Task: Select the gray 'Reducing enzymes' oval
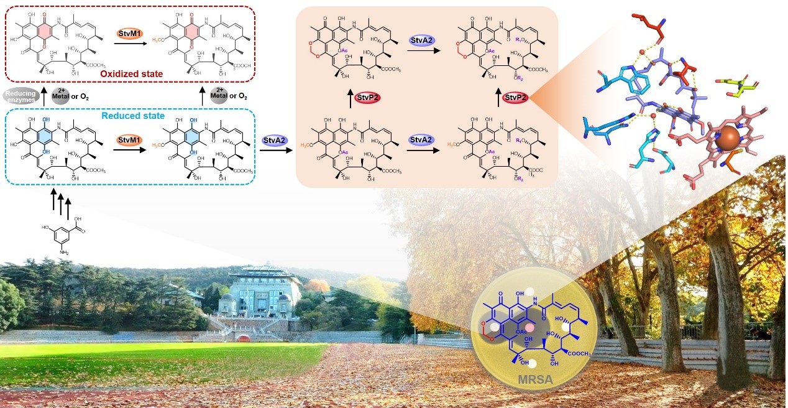tap(21, 95)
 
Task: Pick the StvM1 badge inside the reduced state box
tap(130, 141)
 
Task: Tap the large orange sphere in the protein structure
tap(726, 140)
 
